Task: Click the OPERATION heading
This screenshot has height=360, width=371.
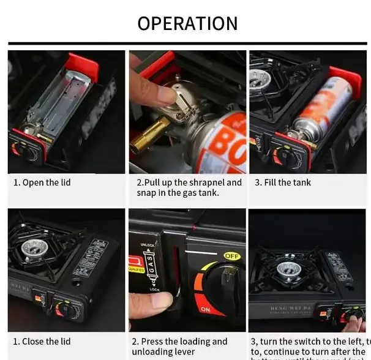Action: tap(187, 23)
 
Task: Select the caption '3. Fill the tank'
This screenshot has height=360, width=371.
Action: tap(283, 182)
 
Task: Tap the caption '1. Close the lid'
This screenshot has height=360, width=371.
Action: tap(42, 342)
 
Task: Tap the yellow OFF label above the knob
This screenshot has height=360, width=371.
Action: tap(231, 257)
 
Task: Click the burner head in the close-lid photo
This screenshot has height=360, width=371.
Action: tap(32, 248)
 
